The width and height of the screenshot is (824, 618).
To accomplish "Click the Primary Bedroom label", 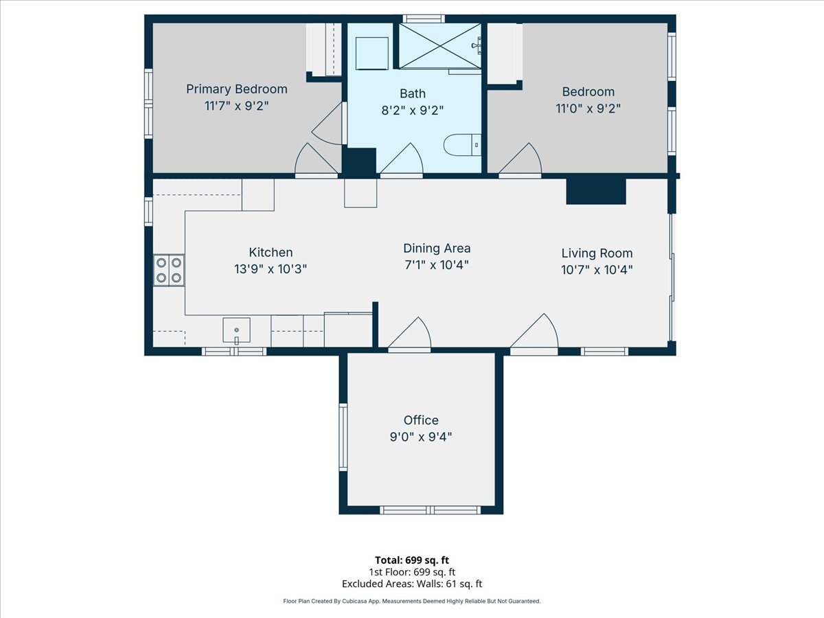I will [x=237, y=89].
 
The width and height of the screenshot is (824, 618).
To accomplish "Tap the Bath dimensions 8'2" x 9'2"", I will [x=412, y=110].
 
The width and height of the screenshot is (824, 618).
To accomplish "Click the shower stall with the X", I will [x=439, y=46].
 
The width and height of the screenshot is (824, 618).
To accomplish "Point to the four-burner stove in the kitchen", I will [x=169, y=270].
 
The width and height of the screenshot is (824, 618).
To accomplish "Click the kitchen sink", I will [x=236, y=330].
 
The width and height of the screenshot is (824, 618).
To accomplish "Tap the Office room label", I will [x=420, y=420].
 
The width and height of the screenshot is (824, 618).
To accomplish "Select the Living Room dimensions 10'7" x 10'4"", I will [x=597, y=270].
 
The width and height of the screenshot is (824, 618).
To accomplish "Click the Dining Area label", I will [x=437, y=249].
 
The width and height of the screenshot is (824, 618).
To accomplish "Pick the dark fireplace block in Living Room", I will [x=595, y=192].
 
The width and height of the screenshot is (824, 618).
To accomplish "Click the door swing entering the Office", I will [x=411, y=335].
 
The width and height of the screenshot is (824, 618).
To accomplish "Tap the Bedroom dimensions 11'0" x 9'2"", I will [x=588, y=108].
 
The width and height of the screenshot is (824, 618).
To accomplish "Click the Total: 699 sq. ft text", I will [x=412, y=560].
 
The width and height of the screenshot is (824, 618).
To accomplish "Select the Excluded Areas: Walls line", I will [x=412, y=584].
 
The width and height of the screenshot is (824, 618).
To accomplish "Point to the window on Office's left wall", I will [x=343, y=437].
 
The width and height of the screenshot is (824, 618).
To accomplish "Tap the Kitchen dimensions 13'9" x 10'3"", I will [x=271, y=269].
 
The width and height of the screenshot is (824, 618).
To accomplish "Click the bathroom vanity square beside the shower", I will [x=372, y=53].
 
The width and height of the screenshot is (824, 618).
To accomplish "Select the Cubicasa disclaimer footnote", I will [x=412, y=601].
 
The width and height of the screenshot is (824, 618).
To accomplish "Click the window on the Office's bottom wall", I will [x=430, y=510].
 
